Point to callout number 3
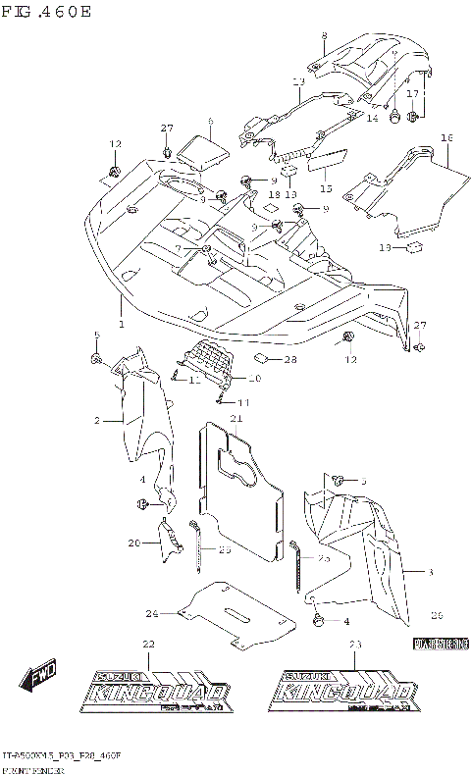[429, 570]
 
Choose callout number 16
[445, 138]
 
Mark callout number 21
[236, 420]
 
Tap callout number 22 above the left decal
[149, 644]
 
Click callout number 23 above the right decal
[355, 644]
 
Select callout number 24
[152, 614]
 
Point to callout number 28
[290, 361]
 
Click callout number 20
[134, 543]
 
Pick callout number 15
[326, 186]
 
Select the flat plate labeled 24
[235, 614]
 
